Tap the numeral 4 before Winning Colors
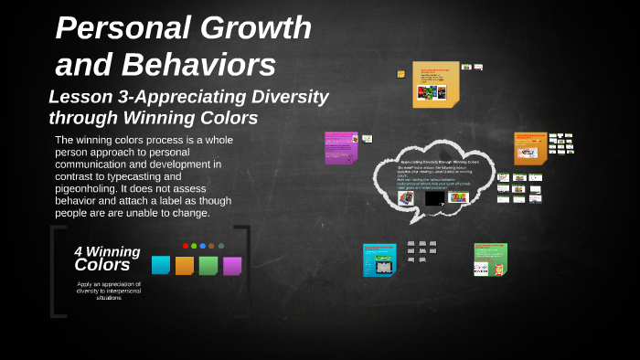tap(79, 251)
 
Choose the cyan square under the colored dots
tap(161, 265)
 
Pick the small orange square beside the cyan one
tap(185, 265)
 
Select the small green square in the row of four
tap(208, 265)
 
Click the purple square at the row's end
tap(232, 265)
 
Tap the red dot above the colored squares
tap(186, 246)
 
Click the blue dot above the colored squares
tap(203, 246)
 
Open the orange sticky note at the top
tap(435, 84)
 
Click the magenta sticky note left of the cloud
tap(340, 147)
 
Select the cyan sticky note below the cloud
tap(379, 259)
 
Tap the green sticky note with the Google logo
tap(490, 259)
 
